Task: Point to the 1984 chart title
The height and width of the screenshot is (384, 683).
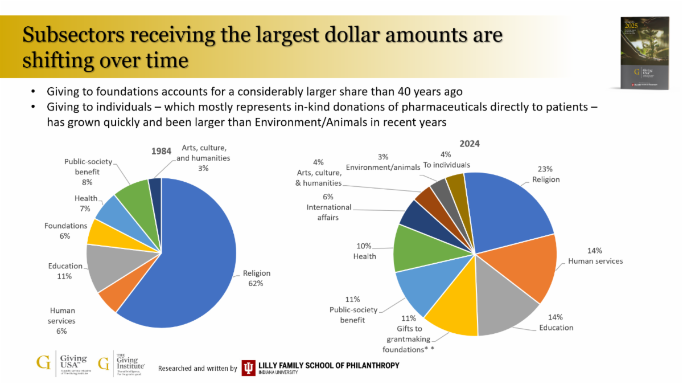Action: coord(161,151)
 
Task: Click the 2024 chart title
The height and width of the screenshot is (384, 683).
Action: coord(470,144)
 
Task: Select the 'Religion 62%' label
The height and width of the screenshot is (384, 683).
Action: coord(256,278)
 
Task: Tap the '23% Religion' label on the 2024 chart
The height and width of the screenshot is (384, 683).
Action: coord(545,174)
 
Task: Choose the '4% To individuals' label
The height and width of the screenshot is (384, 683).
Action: coord(446,160)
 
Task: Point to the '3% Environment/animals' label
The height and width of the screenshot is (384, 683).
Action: coord(383,162)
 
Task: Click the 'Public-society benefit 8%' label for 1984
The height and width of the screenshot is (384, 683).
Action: coord(88,171)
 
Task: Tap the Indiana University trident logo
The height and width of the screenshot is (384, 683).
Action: coord(248,368)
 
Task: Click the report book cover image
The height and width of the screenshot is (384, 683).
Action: coord(644,52)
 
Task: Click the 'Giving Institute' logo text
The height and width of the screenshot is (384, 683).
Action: coord(130,362)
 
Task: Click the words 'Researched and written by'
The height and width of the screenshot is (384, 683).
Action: coord(198,369)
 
